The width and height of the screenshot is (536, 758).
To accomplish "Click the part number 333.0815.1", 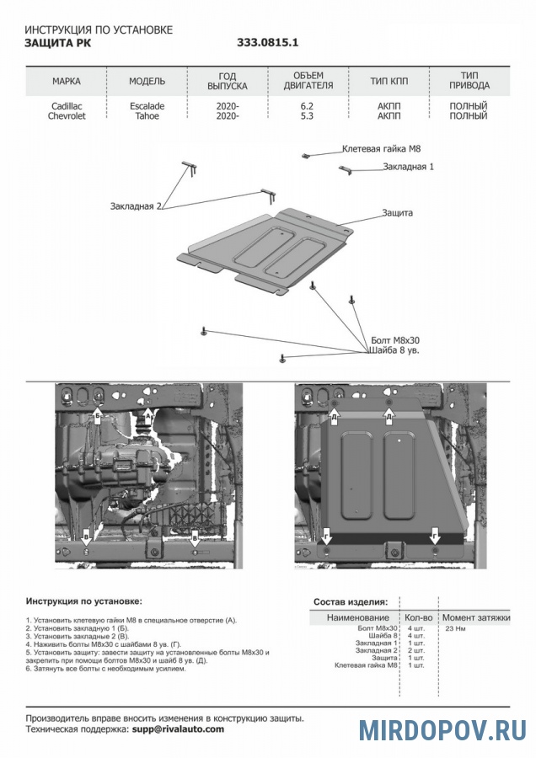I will point(268,41).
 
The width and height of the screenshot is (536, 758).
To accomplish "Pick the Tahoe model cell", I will point(147,116).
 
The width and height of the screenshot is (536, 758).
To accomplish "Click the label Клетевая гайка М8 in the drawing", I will point(381,148).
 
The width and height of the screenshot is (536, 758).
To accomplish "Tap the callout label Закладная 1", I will point(409,167).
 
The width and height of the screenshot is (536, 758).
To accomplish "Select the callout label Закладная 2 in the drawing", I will point(135,206).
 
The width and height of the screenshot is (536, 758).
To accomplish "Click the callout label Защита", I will point(397,213).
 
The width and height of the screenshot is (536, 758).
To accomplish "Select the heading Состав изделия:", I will point(351,602).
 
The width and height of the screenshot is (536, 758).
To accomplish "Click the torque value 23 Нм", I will point(455,628).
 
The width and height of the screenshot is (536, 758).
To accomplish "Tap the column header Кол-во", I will point(419,617).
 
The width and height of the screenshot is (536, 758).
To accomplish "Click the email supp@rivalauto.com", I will point(178,729).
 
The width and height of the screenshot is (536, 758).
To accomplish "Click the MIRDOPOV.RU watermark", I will point(443,729).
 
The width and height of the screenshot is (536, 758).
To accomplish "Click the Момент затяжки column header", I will point(477,617).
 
